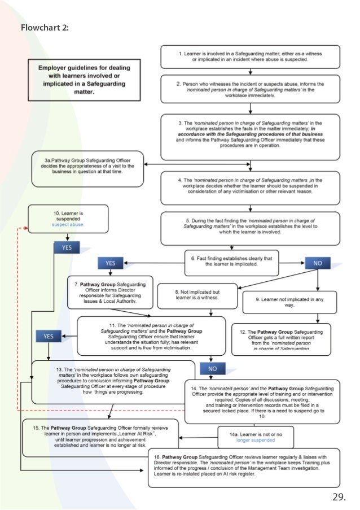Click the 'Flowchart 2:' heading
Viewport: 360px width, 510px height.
(45, 27)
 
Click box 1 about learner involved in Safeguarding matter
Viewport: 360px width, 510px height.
(250, 56)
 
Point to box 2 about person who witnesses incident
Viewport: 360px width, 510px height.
(250, 89)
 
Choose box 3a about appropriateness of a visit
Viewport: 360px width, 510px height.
(88, 168)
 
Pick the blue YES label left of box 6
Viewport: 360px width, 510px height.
(110, 263)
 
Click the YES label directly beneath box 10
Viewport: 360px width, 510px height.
(67, 247)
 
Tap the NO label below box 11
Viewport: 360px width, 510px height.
(212, 368)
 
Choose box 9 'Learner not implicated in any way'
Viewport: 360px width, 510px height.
(289, 301)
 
